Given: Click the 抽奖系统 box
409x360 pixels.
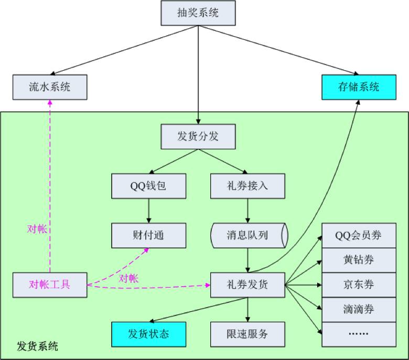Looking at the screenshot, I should pyautogui.click(x=198, y=13).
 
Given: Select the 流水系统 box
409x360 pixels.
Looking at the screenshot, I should pyautogui.click(x=50, y=87).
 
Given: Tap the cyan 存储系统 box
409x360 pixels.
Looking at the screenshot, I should pyautogui.click(x=359, y=87).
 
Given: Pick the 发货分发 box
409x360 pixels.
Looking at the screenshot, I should pyautogui.click(x=198, y=137).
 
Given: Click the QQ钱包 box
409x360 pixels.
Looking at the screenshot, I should pyautogui.click(x=148, y=186).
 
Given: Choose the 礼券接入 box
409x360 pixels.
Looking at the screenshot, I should pyautogui.click(x=247, y=186).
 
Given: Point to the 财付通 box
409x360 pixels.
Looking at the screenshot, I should pyautogui.click(x=148, y=235).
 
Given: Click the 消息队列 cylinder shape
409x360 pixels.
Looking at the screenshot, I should pyautogui.click(x=249, y=235).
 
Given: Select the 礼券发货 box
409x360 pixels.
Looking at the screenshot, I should pyautogui.click(x=247, y=285).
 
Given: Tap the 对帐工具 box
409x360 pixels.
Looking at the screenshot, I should pyautogui.click(x=50, y=285).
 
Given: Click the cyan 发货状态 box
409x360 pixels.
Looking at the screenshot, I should pyautogui.click(x=148, y=334).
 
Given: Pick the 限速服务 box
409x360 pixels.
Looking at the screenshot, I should pyautogui.click(x=247, y=334).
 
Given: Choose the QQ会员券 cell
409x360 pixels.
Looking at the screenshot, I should pyautogui.click(x=359, y=235).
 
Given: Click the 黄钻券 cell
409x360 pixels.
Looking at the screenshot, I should pyautogui.click(x=359, y=260).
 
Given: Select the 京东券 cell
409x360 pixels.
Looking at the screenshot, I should pyautogui.click(x=359, y=285).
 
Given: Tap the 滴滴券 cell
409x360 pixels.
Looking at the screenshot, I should pyautogui.click(x=359, y=309).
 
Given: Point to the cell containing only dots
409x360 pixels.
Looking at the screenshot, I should pyautogui.click(x=359, y=334).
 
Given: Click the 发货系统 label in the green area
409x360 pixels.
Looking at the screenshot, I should pyautogui.click(x=38, y=346).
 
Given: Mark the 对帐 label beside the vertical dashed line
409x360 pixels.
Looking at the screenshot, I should pyautogui.click(x=37, y=229).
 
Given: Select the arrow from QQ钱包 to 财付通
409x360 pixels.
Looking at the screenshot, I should pyautogui.click(x=148, y=211).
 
